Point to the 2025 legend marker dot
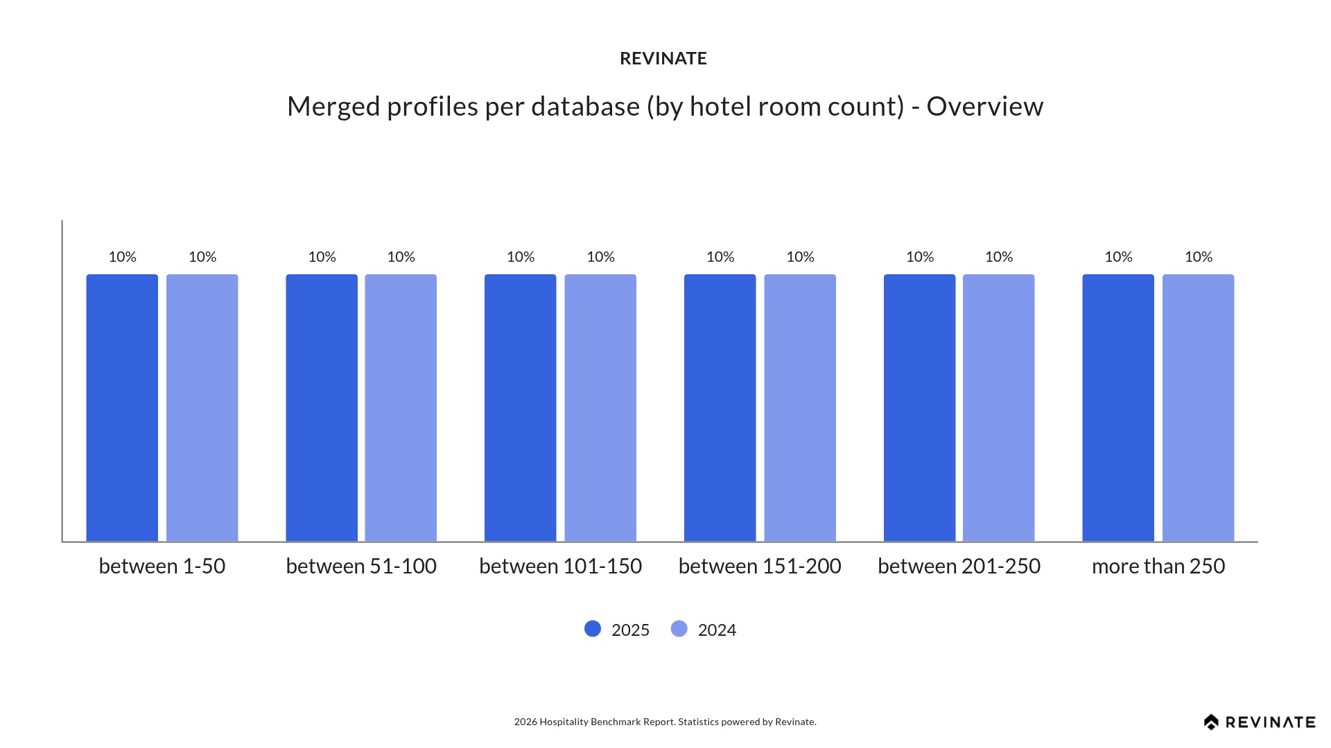pos(593,629)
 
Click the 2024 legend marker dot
pos(679,629)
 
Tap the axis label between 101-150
pos(560,566)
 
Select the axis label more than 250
pos(1158,566)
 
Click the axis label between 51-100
pos(361,566)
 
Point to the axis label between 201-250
pos(959,566)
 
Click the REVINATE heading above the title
pos(663,59)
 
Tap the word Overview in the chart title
pos(984,107)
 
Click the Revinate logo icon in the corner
pos(1211,722)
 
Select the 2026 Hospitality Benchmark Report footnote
pos(665,722)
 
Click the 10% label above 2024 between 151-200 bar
pos(800,257)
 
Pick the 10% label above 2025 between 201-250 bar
pos(920,257)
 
